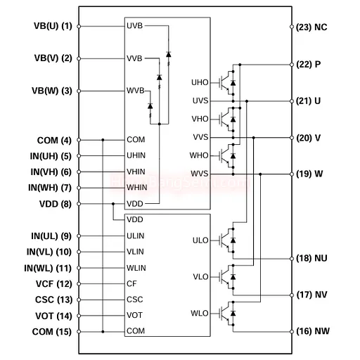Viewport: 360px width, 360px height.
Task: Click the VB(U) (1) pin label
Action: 53,26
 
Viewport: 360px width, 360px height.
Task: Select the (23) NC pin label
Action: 311,27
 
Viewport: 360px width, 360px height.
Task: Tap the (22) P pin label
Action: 309,64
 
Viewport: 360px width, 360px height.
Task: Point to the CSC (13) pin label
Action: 53,300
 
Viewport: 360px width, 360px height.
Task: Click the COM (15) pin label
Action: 52,332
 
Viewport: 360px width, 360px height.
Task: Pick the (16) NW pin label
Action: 313,331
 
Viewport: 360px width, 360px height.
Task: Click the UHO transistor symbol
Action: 227,83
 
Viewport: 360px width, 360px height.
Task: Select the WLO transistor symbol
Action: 227,314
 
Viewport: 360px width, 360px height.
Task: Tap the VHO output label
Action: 200,119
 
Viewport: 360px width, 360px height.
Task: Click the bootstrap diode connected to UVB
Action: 168,54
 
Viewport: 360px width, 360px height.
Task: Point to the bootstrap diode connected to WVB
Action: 150,106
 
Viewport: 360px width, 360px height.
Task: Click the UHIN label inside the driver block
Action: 136,155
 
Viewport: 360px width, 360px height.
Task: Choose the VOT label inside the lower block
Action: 134,315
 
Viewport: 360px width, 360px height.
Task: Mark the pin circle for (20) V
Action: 292,138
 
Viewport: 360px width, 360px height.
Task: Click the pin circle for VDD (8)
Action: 79,204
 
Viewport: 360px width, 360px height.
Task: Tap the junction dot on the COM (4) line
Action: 103,140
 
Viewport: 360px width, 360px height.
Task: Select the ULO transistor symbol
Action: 227,240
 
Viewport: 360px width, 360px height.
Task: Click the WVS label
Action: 200,174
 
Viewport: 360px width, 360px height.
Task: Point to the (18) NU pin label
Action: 311,258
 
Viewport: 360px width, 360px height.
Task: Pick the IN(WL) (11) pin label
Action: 48,268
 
